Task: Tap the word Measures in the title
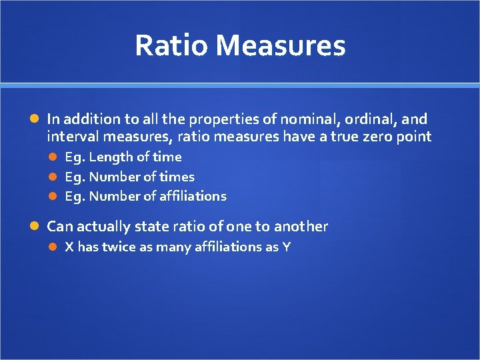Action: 280,45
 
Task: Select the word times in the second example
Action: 177,177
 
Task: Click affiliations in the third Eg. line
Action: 193,196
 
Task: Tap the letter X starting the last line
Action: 69,247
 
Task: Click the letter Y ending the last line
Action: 286,247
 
